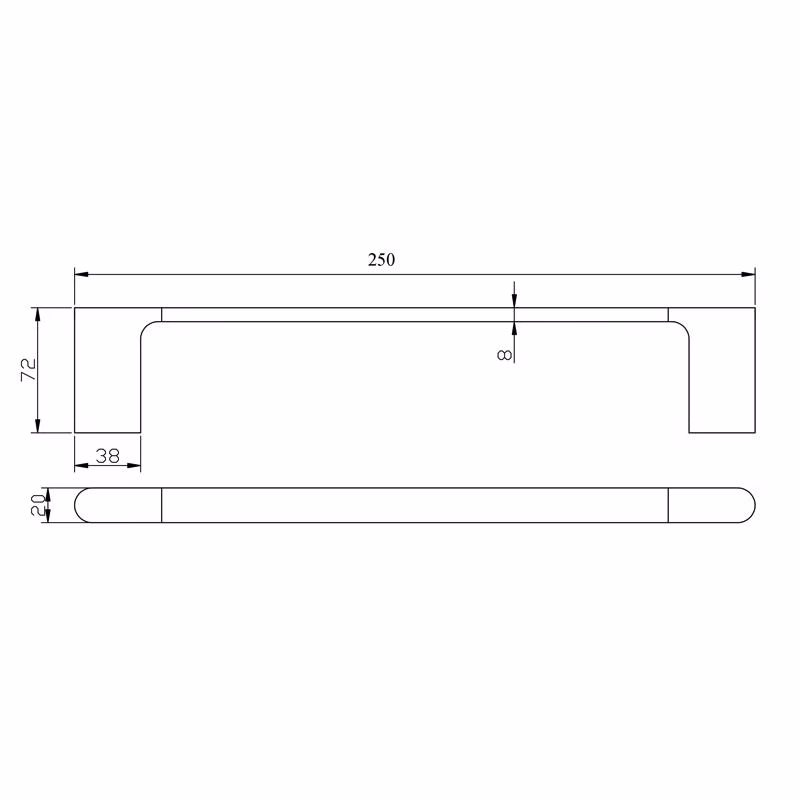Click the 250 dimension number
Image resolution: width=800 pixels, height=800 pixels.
click(x=381, y=260)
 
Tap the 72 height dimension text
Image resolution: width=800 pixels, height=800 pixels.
click(x=29, y=369)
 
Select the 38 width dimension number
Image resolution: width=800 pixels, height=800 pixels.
click(x=108, y=456)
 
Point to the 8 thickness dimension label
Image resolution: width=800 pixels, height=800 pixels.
click(x=504, y=355)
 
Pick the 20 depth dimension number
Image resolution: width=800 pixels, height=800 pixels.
click(x=38, y=505)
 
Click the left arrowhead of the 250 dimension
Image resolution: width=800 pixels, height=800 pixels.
click(x=82, y=274)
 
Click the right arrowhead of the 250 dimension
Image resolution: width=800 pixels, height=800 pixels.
click(x=748, y=274)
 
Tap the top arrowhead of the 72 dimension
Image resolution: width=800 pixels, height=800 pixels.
click(x=37, y=315)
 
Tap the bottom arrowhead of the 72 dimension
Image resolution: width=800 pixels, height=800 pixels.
click(x=37, y=426)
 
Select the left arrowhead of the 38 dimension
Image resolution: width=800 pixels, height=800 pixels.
click(x=82, y=465)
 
